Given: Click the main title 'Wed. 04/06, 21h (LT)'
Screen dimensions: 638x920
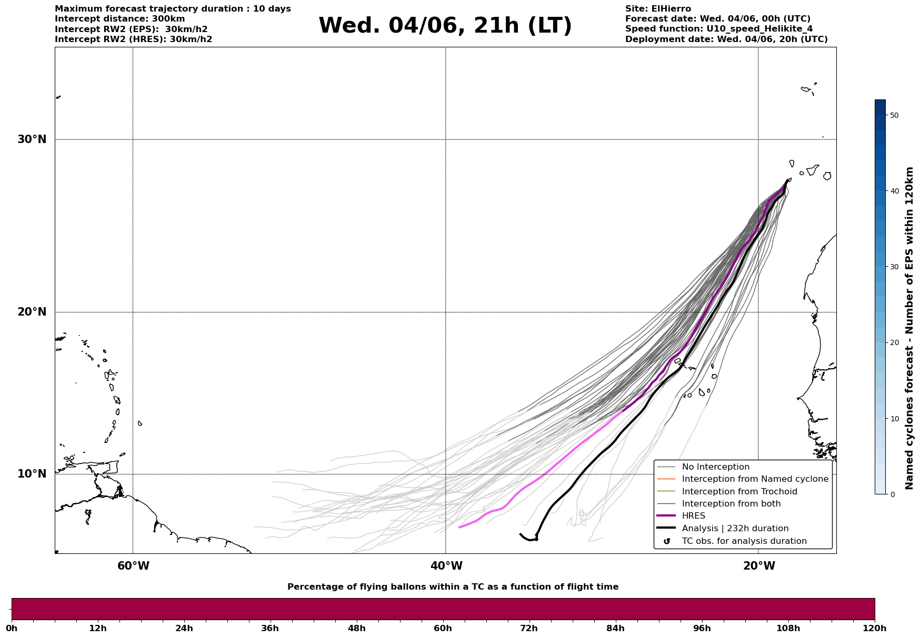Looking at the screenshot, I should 445,26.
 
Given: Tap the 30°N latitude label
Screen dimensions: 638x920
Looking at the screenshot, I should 32,139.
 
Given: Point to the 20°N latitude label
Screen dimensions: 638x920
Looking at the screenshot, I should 32,312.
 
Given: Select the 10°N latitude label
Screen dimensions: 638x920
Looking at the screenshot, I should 32,474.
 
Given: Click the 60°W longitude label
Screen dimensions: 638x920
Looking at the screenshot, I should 133,566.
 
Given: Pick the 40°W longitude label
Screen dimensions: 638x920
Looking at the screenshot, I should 446,566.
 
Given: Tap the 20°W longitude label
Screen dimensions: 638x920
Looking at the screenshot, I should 759,566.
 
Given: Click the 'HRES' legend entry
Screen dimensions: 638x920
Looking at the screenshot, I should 693,516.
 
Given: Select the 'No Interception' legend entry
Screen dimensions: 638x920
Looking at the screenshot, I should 715,467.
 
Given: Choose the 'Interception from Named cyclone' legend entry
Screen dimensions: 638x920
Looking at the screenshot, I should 755,479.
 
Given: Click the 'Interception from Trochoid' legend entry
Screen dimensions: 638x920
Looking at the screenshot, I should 739,492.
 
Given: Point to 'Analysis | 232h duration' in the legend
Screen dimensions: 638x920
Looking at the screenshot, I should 735,529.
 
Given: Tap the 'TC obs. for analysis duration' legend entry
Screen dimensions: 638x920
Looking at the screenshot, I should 744,541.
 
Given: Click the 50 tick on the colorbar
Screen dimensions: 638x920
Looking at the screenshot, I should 894,115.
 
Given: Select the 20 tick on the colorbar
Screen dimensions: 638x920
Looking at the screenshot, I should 894,343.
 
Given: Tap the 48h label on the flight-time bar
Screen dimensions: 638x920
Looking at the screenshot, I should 356,629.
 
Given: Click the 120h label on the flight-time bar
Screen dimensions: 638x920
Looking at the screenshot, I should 875,629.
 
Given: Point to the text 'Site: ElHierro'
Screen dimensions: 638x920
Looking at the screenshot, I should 658,9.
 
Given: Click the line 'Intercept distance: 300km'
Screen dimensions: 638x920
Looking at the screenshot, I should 120,19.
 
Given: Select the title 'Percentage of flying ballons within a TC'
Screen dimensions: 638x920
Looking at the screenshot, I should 453,587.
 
